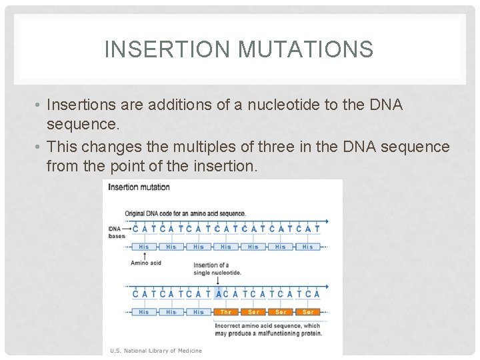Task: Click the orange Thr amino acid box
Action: coord(226,312)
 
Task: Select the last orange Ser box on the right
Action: coord(308,312)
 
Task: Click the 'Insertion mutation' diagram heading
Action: coord(139,187)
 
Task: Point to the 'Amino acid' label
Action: coord(145,263)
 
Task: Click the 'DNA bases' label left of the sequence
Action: coord(116,232)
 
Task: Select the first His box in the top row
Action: coord(144,247)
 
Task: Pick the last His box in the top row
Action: coord(307,247)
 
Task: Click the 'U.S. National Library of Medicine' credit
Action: coord(156,350)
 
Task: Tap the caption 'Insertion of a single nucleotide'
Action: coord(217,269)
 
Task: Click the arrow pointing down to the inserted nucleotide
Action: coord(218,281)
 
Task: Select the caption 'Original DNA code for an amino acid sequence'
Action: coord(185,213)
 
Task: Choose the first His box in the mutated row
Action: coord(144,312)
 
